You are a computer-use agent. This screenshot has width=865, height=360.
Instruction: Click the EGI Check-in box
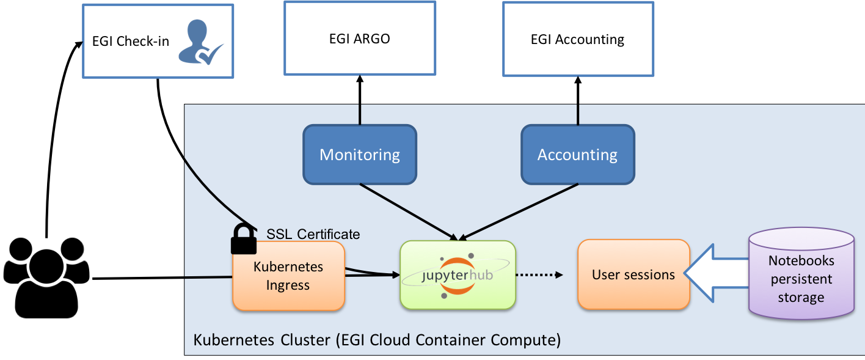pos(131,42)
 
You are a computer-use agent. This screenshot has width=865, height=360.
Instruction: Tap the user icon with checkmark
pos(199,43)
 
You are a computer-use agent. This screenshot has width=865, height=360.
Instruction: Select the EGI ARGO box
pos(359,39)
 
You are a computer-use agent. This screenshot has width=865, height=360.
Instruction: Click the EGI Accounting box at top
pos(577,40)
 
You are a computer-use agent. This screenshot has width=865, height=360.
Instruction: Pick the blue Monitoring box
pos(359,155)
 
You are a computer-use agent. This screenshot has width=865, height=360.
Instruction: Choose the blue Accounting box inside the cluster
pos(577,155)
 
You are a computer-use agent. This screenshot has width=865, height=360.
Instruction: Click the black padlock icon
pos(243,239)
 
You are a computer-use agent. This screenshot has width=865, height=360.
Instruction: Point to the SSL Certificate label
pos(313,234)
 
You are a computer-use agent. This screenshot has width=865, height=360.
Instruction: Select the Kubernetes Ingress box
pos(288,276)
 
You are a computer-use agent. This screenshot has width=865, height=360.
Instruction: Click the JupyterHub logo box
pos(458,274)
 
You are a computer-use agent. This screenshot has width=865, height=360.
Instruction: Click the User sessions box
pos(633,274)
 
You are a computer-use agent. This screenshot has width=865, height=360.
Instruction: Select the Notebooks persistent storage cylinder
pos(801,273)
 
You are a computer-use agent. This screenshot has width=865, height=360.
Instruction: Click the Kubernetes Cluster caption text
pos(376,340)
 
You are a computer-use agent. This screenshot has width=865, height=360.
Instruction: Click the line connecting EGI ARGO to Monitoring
pos(359,101)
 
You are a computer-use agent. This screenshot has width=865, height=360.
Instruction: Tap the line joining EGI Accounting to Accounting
pos(577,101)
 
